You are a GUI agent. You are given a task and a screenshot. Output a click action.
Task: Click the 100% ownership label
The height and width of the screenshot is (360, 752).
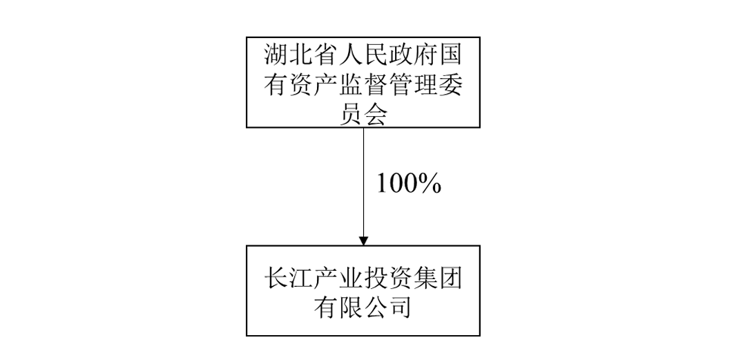408,184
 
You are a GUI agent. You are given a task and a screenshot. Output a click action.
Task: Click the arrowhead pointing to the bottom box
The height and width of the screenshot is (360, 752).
364,240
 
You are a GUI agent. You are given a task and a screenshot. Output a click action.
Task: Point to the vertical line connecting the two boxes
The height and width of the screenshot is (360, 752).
364,180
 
